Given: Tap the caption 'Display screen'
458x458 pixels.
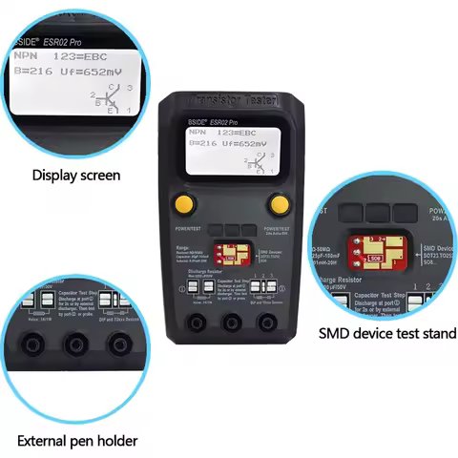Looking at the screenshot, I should tap(76, 175).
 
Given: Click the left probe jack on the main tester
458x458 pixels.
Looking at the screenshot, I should tap(198, 323).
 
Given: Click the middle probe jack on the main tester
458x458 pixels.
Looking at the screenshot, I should tap(232, 323).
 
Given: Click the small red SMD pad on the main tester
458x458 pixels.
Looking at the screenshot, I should tap(229, 254).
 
